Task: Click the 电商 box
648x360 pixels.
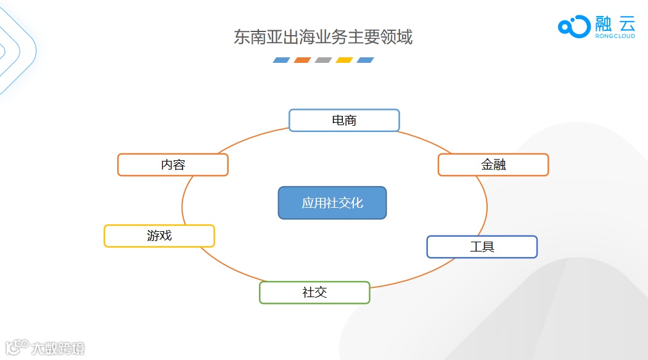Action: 344,120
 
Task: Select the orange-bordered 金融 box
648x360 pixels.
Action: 493,165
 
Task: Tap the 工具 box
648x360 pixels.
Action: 482,247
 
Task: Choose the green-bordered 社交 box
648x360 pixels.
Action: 314,292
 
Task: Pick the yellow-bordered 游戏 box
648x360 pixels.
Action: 159,235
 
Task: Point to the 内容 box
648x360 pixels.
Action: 173,165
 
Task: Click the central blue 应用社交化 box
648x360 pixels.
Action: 332,203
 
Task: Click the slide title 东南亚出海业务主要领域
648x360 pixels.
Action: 323,37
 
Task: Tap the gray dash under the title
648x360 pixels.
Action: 324,60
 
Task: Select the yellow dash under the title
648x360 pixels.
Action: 345,60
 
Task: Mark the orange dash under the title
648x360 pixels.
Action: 303,60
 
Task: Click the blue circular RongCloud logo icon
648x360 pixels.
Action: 574,26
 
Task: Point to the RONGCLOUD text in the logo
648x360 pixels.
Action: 615,36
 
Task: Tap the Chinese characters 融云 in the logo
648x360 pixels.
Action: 615,23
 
